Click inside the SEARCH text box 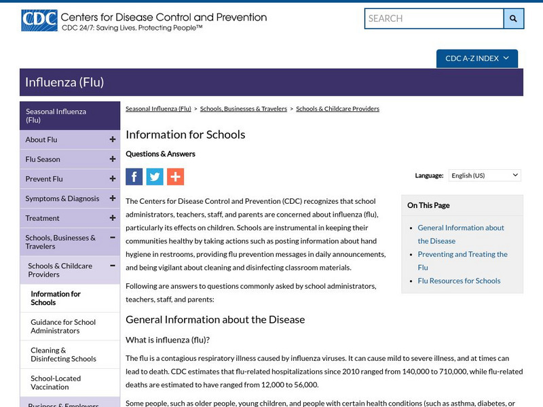click(434, 18)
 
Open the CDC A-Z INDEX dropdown click(476, 58)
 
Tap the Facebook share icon click(134, 177)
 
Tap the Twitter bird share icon click(155, 177)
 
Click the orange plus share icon click(175, 177)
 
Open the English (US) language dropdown click(485, 175)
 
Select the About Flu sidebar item click(41, 140)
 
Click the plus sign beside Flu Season click(112, 159)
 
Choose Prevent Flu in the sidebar click(44, 179)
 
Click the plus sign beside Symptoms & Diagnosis click(112, 198)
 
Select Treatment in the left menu click(42, 218)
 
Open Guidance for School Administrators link click(63, 326)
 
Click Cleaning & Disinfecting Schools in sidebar click(63, 355)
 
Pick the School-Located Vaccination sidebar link click(56, 383)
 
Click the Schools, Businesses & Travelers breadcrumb click(244, 109)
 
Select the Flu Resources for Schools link click(459, 281)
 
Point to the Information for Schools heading click(185, 135)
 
